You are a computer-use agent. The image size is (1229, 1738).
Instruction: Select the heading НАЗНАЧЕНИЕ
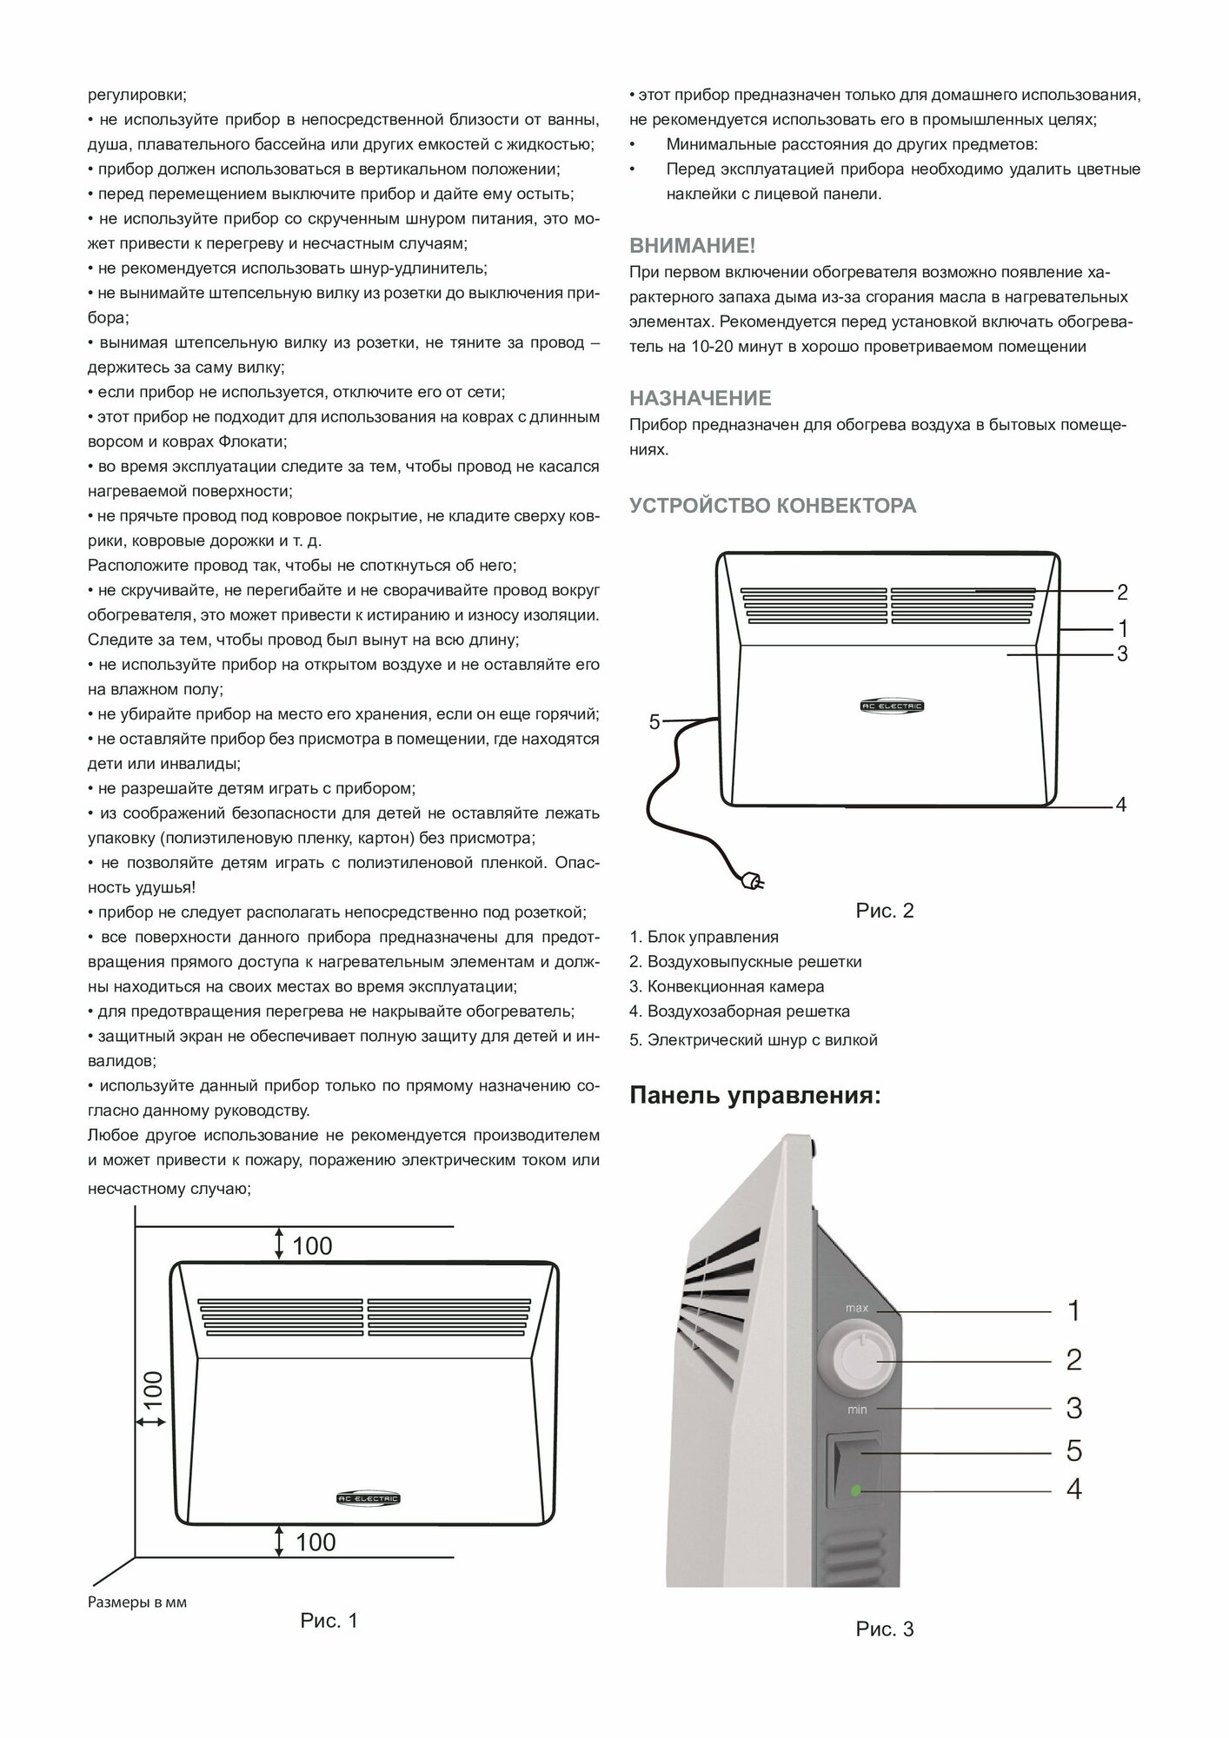point(700,398)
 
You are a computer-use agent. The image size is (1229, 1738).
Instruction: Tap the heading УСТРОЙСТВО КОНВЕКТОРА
point(773,505)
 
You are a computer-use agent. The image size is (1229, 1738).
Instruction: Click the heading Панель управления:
point(754,1096)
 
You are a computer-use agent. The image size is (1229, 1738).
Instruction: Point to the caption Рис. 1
point(329,1621)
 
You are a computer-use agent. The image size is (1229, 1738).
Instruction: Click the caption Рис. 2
point(885,911)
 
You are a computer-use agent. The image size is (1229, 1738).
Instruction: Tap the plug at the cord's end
point(747,880)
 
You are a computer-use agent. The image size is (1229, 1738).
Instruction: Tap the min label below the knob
point(857,1410)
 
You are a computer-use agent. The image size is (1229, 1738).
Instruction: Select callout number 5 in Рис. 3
point(1074,1450)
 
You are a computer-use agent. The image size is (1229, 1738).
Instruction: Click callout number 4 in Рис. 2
point(1120,805)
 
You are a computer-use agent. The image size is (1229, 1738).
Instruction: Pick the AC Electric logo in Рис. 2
point(886,706)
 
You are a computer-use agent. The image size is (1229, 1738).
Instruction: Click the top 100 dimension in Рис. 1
point(312,1245)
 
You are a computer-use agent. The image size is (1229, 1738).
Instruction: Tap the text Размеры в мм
point(137,1602)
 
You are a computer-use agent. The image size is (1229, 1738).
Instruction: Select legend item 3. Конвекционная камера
point(727,986)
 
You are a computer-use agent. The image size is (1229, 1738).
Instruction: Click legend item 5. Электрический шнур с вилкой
point(754,1040)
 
